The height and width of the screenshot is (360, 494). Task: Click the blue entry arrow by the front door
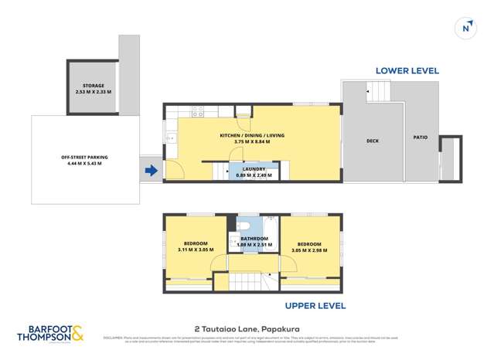[x=152, y=170]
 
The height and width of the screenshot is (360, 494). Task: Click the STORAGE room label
[x=97, y=87]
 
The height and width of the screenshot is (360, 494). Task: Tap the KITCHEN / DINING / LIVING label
[x=252, y=135]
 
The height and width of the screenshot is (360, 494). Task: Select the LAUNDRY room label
[x=254, y=168]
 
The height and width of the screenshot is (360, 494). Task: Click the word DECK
[x=372, y=141]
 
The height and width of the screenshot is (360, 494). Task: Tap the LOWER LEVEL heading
[x=407, y=70]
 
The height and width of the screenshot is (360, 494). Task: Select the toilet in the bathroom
[x=244, y=226]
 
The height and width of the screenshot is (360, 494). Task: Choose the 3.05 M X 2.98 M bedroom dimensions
[x=308, y=250]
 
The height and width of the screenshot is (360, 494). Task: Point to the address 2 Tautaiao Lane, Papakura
[x=247, y=327]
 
